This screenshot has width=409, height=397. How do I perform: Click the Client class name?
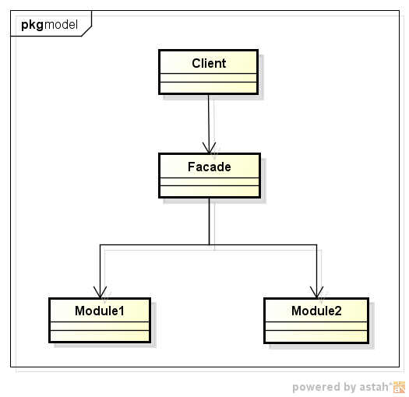click(208, 63)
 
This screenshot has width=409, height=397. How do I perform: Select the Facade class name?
click(209, 167)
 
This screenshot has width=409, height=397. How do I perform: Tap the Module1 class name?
click(100, 311)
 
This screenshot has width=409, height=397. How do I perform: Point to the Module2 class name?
click(316, 311)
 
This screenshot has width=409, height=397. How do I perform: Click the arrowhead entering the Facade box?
click(209, 148)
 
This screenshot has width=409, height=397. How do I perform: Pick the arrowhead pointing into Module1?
click(100, 293)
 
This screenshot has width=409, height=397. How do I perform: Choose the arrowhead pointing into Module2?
click(316, 293)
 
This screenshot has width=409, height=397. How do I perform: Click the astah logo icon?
click(400, 387)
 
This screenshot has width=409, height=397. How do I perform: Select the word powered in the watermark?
click(315, 387)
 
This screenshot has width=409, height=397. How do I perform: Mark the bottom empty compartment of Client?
click(208, 86)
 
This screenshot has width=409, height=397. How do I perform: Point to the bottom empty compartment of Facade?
click(209, 190)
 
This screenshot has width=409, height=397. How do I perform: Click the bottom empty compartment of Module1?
click(100, 335)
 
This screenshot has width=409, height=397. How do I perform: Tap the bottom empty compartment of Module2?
click(316, 335)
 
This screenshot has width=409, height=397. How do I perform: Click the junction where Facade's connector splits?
click(209, 244)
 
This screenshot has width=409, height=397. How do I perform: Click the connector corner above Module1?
click(100, 244)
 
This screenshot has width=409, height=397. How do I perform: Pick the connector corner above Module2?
click(316, 244)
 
